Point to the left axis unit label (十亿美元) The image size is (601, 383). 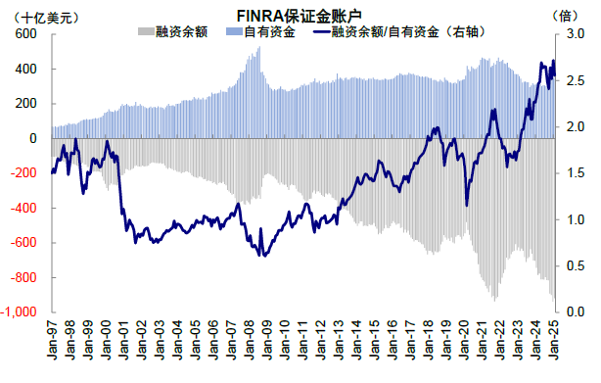(x=36, y=16)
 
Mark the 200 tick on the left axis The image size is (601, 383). (x=25, y=104)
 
